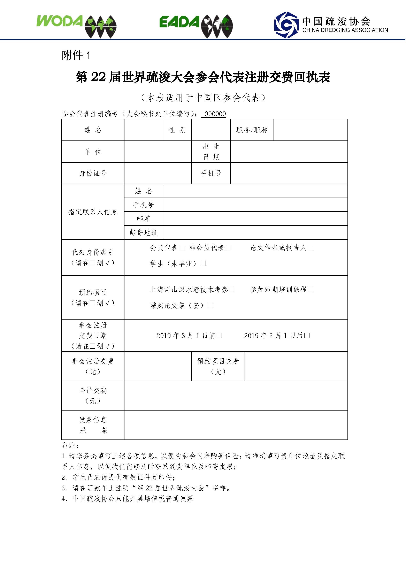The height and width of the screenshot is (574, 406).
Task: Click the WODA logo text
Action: point(60,21)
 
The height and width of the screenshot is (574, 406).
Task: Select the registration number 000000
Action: point(215,114)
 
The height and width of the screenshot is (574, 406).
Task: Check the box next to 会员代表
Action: point(182,247)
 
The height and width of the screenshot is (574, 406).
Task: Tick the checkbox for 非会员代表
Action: point(228,247)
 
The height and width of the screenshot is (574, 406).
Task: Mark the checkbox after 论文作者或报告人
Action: point(311,247)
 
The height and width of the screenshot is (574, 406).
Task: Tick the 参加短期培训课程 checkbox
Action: point(311,290)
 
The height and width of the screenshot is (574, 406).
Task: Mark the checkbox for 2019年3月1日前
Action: point(219,336)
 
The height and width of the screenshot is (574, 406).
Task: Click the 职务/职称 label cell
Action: point(252,130)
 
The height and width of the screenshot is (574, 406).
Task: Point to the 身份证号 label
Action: point(93,173)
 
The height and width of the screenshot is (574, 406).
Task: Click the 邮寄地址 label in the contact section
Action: point(143,232)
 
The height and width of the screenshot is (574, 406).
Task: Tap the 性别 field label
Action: point(177,130)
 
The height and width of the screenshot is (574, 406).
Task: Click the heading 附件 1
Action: point(76,55)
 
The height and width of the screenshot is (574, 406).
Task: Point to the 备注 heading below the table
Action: point(70,445)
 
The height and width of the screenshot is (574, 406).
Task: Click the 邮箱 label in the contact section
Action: point(143,219)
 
